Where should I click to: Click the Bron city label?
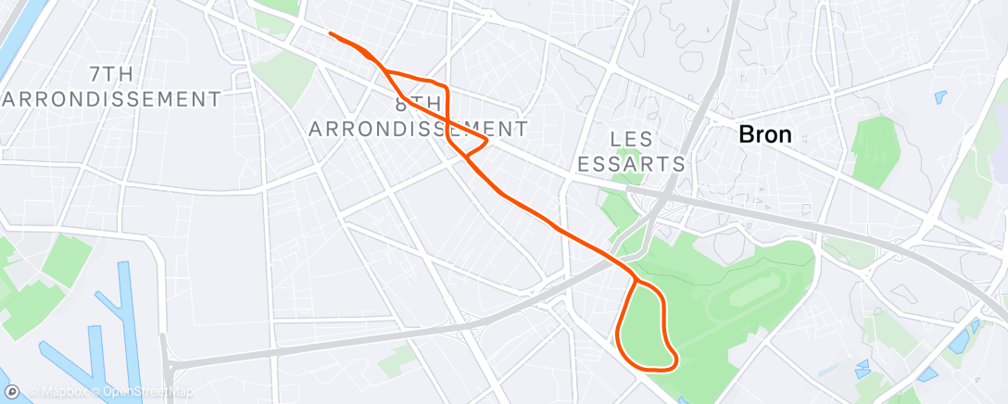764,134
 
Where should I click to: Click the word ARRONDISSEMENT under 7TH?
111,98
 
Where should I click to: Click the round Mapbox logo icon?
13,392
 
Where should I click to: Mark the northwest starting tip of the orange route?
331,34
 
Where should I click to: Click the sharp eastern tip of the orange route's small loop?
487,140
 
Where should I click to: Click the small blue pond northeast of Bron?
941,95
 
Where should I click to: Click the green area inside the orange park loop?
645,324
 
